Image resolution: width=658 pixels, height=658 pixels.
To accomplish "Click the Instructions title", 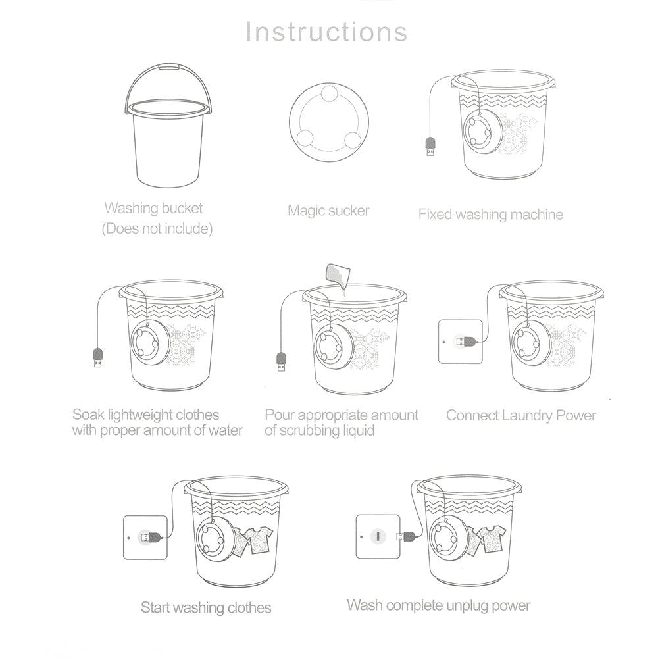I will pos(326,32).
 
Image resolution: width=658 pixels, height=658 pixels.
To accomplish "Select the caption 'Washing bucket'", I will pos(153,208).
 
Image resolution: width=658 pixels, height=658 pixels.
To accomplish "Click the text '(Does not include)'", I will pos(157,229).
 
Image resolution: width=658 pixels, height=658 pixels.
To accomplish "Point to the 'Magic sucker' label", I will pos(328,211).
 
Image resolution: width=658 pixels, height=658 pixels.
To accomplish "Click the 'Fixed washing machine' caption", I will pos(490,214).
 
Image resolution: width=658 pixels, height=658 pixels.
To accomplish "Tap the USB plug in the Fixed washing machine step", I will pos(430,146).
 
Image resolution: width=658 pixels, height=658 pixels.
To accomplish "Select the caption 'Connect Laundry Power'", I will pos(520,415).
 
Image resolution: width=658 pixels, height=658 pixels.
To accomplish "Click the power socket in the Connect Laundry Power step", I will pos(460,341).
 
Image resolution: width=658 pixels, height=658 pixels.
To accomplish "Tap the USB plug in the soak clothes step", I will pos(97,359).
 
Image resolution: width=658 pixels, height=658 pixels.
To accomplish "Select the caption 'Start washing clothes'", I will pos(206,607).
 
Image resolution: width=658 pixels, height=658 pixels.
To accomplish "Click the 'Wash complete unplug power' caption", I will pos(438,605).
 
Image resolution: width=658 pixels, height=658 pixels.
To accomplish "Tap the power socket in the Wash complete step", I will pos(378,536).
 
